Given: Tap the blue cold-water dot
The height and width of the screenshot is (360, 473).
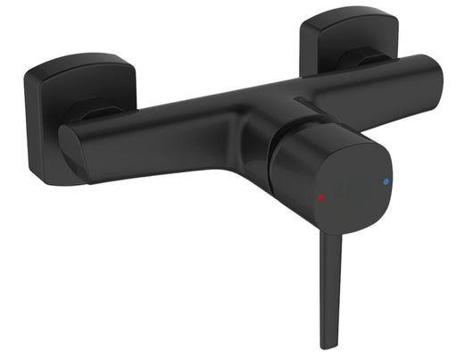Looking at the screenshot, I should [386, 181].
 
